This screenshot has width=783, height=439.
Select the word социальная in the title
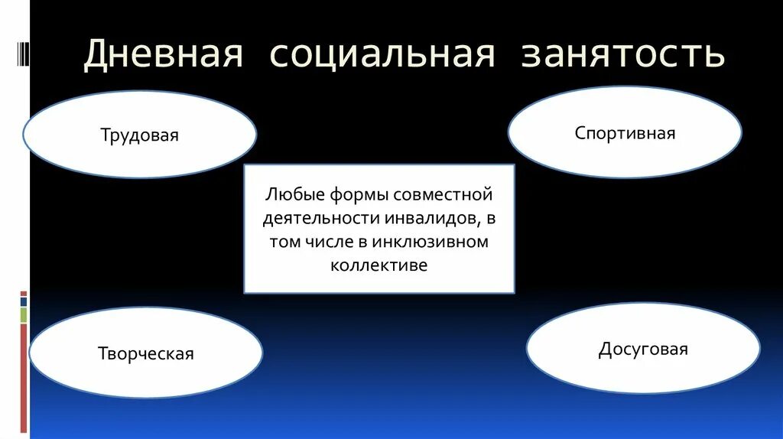(381, 56)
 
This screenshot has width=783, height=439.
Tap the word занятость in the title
(622, 56)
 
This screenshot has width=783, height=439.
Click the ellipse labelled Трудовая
(139, 135)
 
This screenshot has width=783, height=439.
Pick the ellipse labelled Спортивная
(625, 133)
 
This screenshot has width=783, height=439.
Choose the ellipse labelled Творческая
(145, 353)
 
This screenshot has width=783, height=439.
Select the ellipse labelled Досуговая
(642, 350)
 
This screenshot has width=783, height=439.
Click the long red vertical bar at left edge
(24, 378)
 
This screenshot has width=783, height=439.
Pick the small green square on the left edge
(24, 315)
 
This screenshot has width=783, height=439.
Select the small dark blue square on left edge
(24, 301)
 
